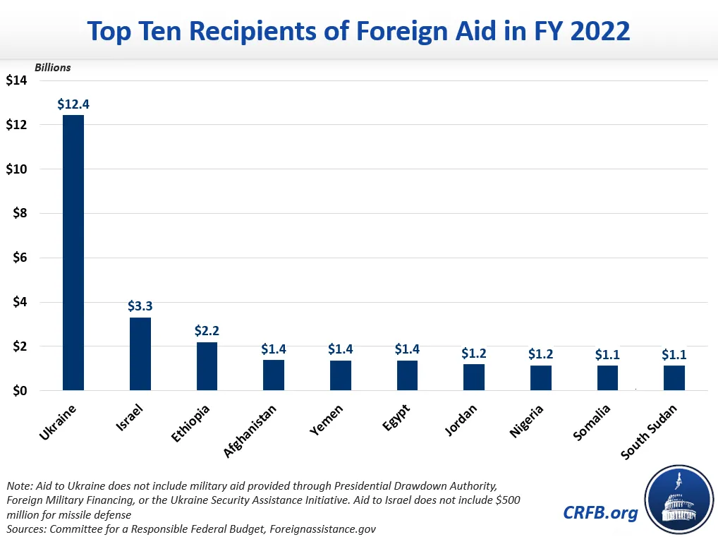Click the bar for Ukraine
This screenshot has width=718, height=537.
[73, 253]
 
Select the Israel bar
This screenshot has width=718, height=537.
[140, 354]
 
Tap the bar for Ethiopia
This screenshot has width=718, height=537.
[207, 366]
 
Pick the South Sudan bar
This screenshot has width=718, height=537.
[674, 378]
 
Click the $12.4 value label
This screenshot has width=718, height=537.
[73, 104]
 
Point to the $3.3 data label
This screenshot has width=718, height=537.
[140, 306]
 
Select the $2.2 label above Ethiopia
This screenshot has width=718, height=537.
[207, 330]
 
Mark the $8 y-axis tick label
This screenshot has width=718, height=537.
[19, 213]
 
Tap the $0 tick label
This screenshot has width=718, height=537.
[19, 391]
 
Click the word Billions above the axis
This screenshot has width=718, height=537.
[53, 68]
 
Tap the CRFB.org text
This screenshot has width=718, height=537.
[600, 512]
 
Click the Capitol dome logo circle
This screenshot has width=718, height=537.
[676, 502]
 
